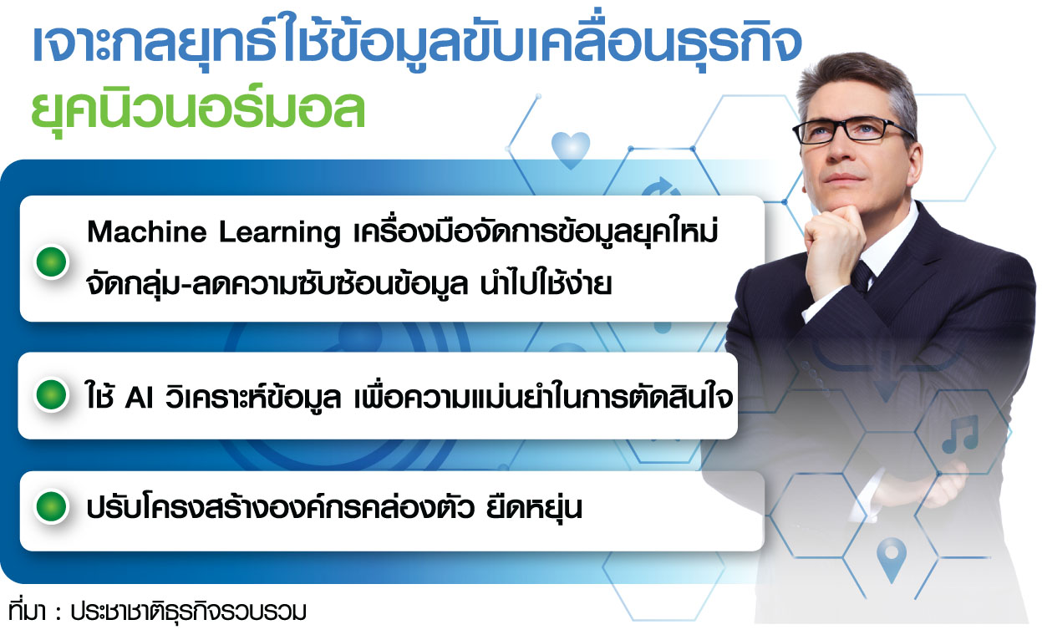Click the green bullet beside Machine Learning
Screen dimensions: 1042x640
point(52,262)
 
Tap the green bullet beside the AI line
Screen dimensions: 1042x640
point(52,395)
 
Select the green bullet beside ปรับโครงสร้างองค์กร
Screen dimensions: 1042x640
point(52,506)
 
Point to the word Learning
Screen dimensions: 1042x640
point(280,232)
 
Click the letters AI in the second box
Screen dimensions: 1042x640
point(139,399)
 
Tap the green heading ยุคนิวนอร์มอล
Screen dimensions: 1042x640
point(198,109)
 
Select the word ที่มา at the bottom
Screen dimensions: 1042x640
point(27,610)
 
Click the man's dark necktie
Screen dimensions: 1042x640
point(863,277)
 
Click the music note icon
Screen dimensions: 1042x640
point(959,434)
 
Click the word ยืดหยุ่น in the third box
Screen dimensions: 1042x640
point(534,508)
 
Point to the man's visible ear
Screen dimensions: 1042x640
point(916,161)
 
